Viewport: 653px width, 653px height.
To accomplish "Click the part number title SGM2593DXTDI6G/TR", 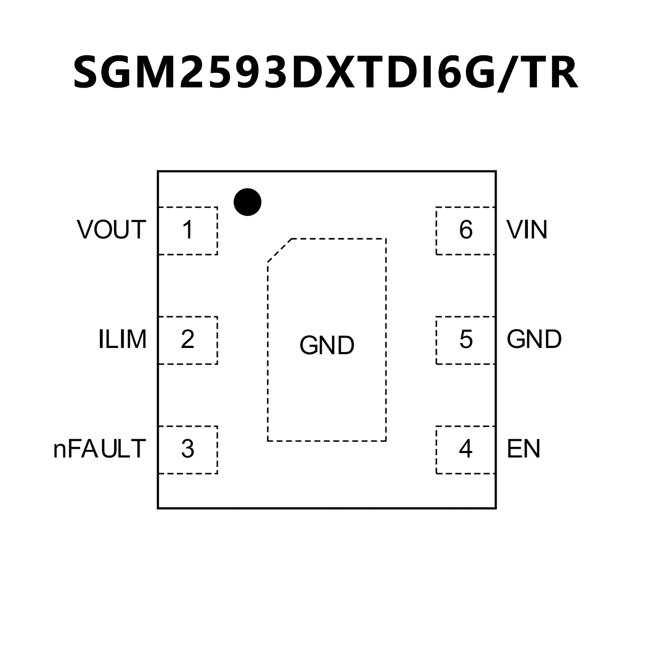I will click(325, 72).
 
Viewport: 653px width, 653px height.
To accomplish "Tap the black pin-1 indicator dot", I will click(247, 202).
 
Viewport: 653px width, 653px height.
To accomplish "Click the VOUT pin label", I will click(111, 230).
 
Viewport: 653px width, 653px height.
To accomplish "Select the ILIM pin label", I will click(122, 339).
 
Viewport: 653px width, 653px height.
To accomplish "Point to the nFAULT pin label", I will click(100, 449).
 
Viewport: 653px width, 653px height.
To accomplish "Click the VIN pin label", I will click(527, 230).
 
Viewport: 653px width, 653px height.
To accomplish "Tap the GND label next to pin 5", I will click(534, 339).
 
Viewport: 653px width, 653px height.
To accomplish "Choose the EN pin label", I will click(523, 449).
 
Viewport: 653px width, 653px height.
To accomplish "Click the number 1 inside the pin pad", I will click(187, 230).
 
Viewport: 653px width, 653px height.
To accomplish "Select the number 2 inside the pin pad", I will click(187, 339).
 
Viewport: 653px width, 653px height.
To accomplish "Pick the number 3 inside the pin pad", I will click(187, 449).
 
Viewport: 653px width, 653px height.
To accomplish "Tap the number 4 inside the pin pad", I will click(465, 449).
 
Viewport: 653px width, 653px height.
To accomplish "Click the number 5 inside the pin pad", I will click(466, 339).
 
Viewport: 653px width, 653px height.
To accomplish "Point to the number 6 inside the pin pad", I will click(466, 230).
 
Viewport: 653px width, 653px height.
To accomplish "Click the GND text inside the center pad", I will click(327, 345).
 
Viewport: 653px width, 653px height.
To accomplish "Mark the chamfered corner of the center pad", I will click(279, 250).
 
